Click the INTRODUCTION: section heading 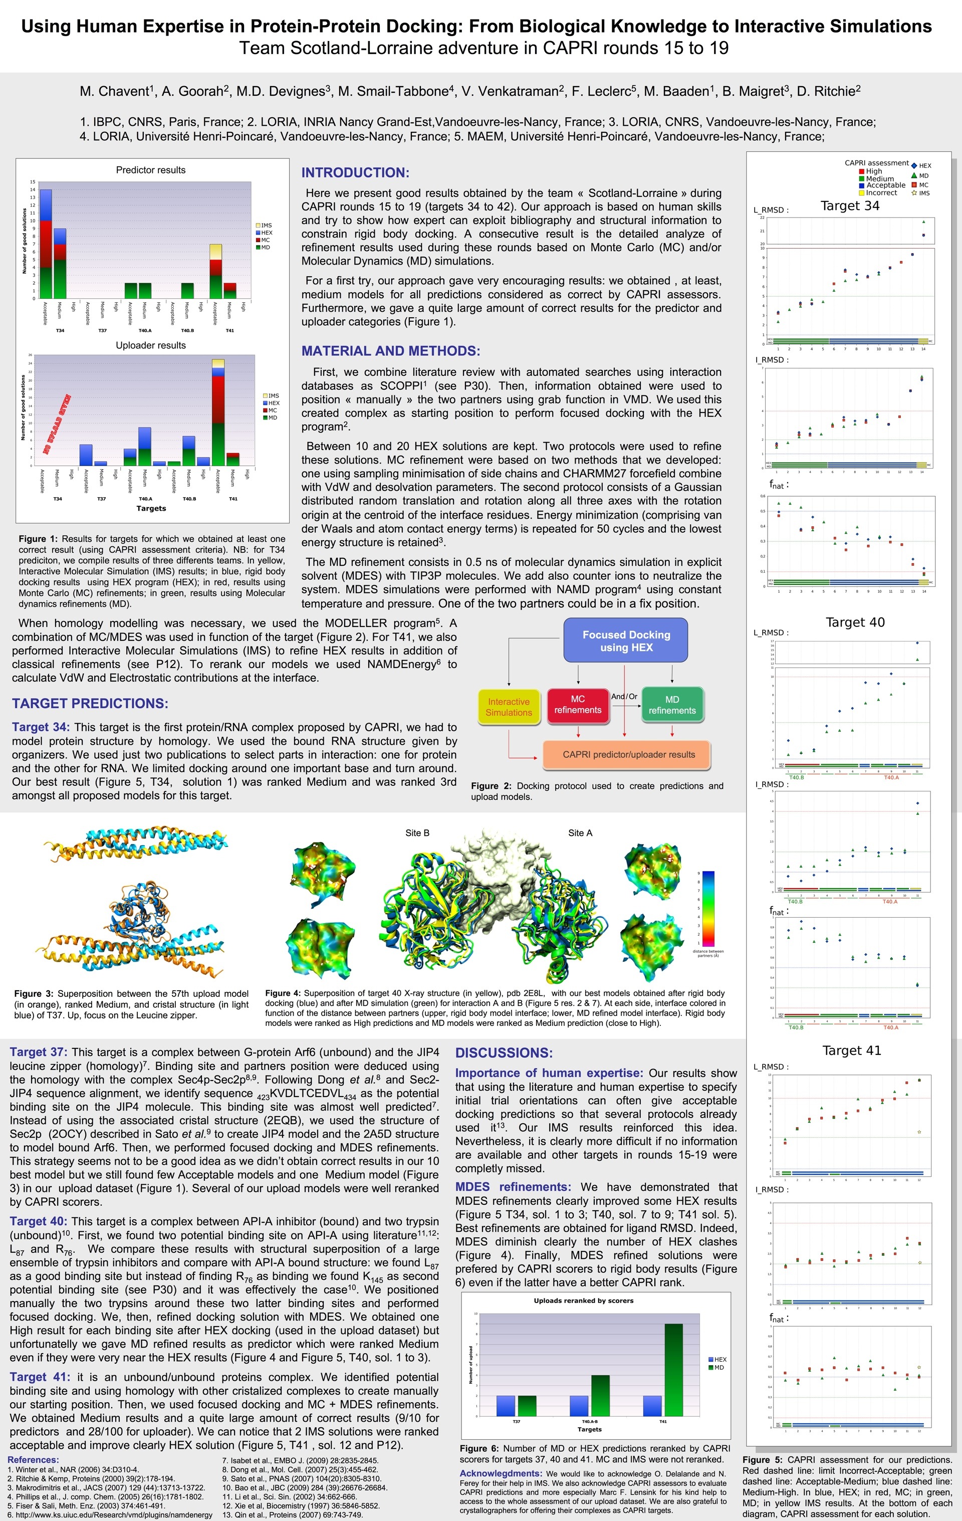pyautogui.click(x=355, y=172)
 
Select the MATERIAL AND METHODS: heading pyautogui.click(x=390, y=351)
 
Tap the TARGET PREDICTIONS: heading pyautogui.click(x=90, y=703)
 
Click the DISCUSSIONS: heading pyautogui.click(x=504, y=1052)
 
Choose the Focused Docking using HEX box pyautogui.click(x=625, y=640)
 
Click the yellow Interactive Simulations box pyautogui.click(x=509, y=707)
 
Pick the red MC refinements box pyautogui.click(x=577, y=704)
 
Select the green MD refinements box pyautogui.click(x=671, y=704)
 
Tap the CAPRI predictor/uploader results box pyautogui.click(x=628, y=754)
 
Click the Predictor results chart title pyautogui.click(x=150, y=170)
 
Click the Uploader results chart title pyautogui.click(x=150, y=345)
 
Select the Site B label pyautogui.click(x=417, y=832)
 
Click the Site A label pyautogui.click(x=580, y=832)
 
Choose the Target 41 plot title pyautogui.click(x=851, y=1050)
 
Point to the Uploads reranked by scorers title pyautogui.click(x=583, y=1300)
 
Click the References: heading pyautogui.click(x=33, y=1460)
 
